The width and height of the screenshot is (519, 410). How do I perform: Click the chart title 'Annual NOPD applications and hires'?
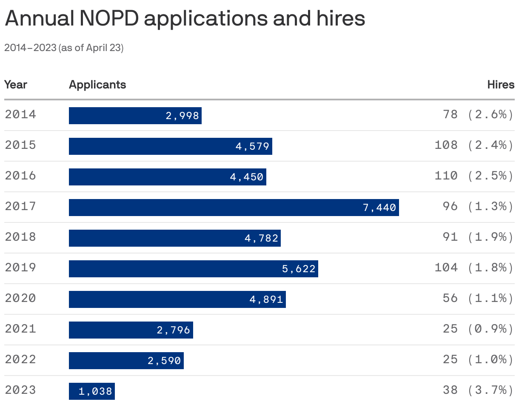point(185,19)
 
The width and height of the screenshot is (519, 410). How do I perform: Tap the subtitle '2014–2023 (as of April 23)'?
point(64,48)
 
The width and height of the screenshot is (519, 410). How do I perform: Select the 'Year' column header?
point(16,85)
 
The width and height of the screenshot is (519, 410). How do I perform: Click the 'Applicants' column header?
point(97,85)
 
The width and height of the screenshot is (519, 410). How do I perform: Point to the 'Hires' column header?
point(501,85)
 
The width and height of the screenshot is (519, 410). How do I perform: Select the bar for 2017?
point(234,208)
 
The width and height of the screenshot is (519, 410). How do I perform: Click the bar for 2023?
point(91,391)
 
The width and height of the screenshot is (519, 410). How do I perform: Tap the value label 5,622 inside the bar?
point(299,269)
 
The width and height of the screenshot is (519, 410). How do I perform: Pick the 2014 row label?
point(20,114)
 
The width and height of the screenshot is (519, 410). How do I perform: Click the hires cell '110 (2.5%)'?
point(474,176)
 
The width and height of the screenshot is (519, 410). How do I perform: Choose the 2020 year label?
point(20,298)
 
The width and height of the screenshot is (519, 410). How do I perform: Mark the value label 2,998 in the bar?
point(182,116)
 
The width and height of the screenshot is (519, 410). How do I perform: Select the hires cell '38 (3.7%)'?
point(478,390)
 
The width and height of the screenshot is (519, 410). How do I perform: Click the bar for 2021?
point(131,330)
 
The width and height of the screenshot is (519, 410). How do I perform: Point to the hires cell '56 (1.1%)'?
point(478,298)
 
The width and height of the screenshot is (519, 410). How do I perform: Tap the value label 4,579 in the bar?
point(252,146)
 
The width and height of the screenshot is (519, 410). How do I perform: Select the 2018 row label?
point(20,237)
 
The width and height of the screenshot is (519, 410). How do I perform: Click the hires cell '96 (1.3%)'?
point(478,206)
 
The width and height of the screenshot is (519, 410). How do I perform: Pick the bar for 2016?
point(167,177)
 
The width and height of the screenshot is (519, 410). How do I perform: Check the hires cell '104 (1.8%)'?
point(474,268)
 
